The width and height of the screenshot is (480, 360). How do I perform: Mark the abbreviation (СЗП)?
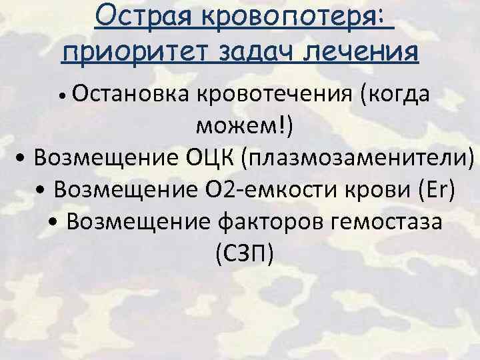point(244,252)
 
